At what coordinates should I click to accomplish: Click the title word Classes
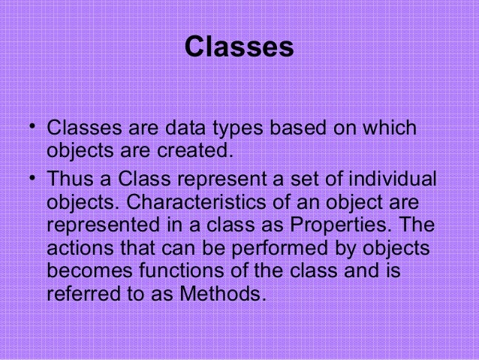pos(239,47)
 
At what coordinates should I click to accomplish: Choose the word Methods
pos(223,292)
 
